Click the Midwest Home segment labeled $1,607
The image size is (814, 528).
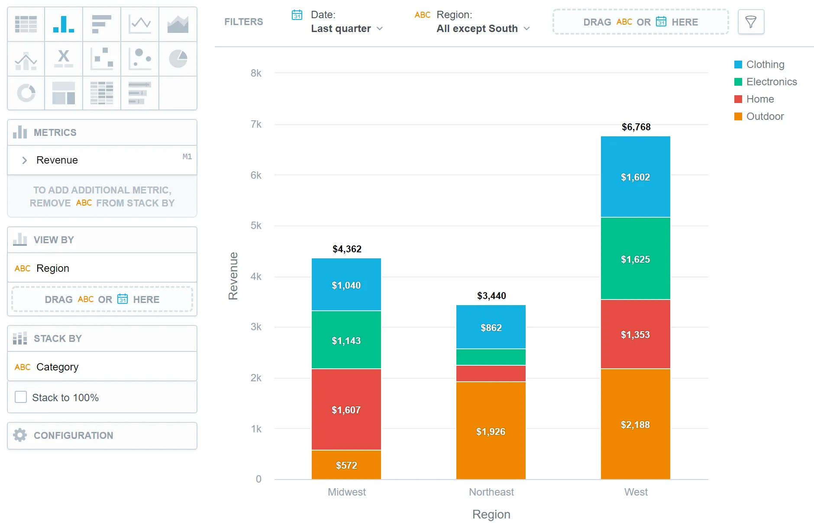pos(346,409)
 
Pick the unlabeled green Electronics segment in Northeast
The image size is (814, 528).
pos(491,357)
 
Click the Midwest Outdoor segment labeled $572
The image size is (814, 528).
pos(346,465)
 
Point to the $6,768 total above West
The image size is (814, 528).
pos(636,127)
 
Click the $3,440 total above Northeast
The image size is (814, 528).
pos(491,296)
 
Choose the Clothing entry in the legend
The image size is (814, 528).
pos(765,64)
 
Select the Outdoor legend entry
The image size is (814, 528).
pos(765,116)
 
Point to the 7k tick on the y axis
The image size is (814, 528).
pos(256,125)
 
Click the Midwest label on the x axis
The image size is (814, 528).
pos(346,492)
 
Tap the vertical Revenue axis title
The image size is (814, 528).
pos(233,276)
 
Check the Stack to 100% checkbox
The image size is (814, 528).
pos(21,397)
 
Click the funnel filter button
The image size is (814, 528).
pos(751,22)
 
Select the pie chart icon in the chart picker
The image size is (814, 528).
pos(178,59)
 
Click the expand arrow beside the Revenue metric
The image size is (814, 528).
pos(25,160)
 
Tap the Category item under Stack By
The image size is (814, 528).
pos(57,367)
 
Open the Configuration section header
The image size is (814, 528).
pos(73,435)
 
